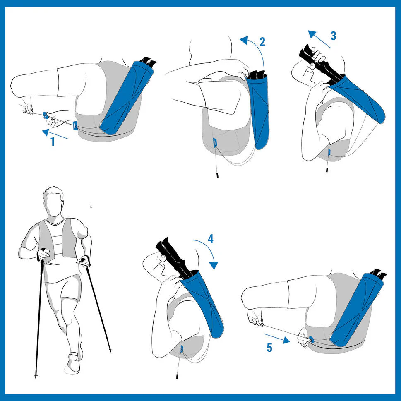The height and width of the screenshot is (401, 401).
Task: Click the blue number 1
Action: (53, 142)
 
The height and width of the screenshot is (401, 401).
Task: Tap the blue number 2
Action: (262, 42)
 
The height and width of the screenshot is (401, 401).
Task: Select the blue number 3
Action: (333, 36)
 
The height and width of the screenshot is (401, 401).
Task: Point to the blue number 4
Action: (211, 239)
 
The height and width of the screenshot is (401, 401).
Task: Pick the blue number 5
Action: (269, 348)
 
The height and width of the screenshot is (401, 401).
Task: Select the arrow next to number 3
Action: (319, 39)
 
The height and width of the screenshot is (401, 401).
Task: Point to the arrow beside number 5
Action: (277, 338)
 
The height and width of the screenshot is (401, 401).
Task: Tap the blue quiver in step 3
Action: (358, 98)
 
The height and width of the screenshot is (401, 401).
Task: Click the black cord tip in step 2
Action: (217, 175)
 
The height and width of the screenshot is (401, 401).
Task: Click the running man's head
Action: (53, 201)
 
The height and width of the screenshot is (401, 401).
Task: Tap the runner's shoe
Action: (72, 363)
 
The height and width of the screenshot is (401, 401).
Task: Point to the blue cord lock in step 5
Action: (311, 339)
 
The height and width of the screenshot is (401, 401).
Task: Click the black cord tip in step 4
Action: (177, 376)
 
